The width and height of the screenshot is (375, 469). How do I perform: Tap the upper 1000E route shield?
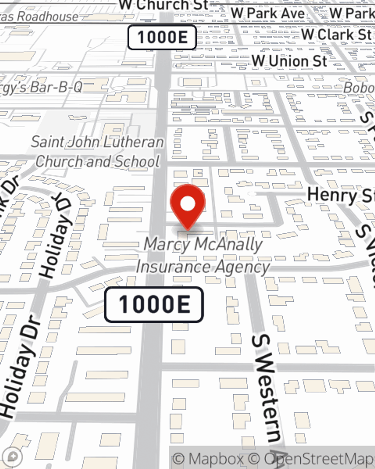(x=162, y=38)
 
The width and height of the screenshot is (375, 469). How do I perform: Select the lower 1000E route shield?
(x=154, y=304)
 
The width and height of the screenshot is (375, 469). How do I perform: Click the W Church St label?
(x=163, y=5)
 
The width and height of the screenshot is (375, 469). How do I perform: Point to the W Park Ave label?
(x=268, y=13)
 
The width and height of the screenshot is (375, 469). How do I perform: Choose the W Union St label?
(x=289, y=61)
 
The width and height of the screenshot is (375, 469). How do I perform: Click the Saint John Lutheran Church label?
(x=97, y=152)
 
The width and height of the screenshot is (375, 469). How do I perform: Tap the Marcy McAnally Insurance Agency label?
(x=203, y=256)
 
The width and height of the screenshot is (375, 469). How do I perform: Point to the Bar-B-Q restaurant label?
(x=41, y=87)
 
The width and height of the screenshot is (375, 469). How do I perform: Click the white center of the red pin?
(x=187, y=204)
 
